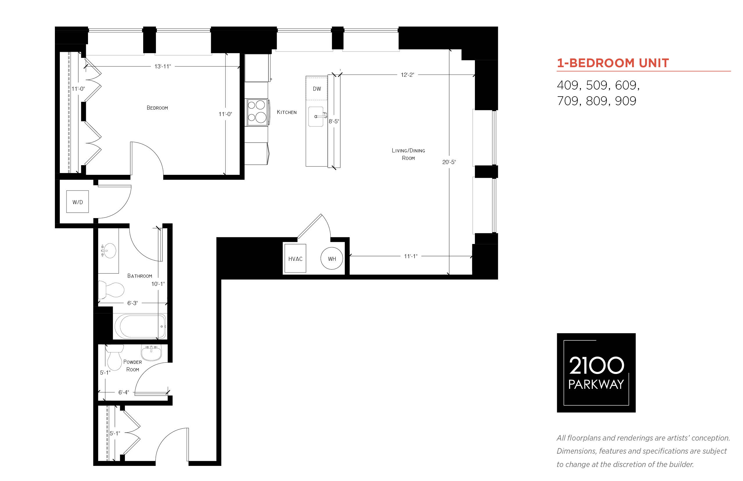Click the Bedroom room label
pyautogui.click(x=157, y=108)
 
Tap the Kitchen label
pyautogui.click(x=287, y=112)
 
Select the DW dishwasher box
pyautogui.click(x=316, y=88)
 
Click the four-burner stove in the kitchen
pyautogui.click(x=257, y=113)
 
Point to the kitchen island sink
pyautogui.click(x=316, y=117)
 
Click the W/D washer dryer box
pyautogui.click(x=77, y=202)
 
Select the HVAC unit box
pyautogui.click(x=295, y=258)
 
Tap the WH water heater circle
pyautogui.click(x=332, y=258)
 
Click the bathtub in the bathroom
pyautogui.click(x=140, y=326)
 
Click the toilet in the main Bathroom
pyautogui.click(x=111, y=290)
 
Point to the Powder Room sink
pyautogui.click(x=151, y=353)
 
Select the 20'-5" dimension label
pyautogui.click(x=449, y=162)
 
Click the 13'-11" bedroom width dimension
pyautogui.click(x=162, y=66)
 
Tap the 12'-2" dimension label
pyautogui.click(x=407, y=75)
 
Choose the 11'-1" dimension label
pyautogui.click(x=410, y=256)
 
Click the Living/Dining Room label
pyautogui.click(x=408, y=154)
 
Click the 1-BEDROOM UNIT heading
pyautogui.click(x=613, y=63)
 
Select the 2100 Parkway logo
pyautogui.click(x=596, y=373)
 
